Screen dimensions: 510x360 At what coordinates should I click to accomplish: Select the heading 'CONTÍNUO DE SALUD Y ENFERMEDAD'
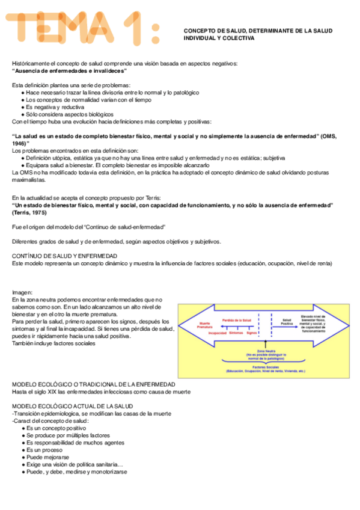tap(65, 256)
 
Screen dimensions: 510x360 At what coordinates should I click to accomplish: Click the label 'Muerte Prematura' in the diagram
tap(206, 325)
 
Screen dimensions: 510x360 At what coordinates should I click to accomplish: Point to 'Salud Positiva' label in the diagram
tap(287, 322)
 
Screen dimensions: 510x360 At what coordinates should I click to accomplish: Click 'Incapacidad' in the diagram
tap(217, 332)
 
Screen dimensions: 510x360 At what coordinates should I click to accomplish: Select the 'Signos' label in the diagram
tap(252, 332)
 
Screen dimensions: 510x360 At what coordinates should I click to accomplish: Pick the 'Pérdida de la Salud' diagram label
tap(236, 320)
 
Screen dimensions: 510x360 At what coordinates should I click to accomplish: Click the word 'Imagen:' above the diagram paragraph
tap(23, 292)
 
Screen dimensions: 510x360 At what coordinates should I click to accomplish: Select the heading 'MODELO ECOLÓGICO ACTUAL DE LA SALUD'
tap(72, 406)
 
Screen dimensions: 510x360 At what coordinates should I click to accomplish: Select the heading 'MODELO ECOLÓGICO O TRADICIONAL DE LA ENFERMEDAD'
tap(94, 384)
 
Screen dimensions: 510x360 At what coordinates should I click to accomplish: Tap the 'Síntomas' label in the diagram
tap(236, 332)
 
